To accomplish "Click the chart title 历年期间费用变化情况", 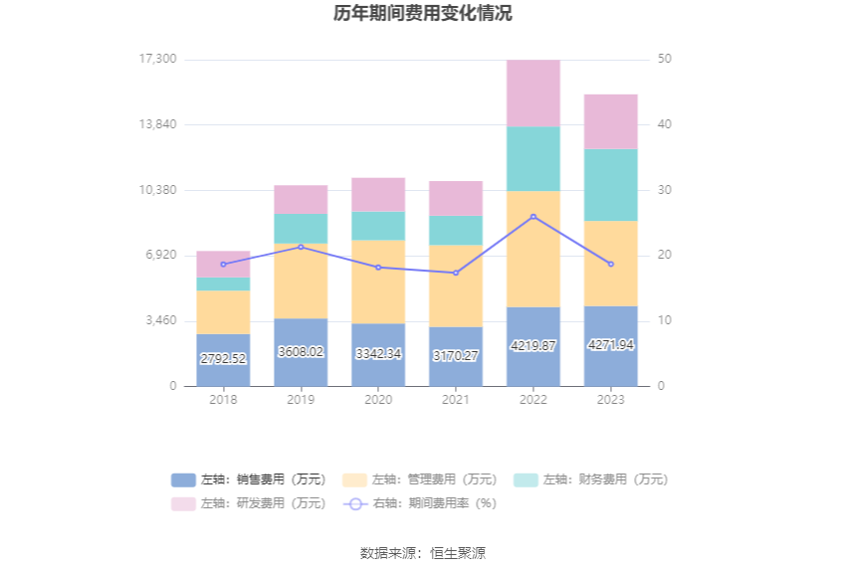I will tap(423, 14).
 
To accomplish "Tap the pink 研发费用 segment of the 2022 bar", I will tap(533, 93).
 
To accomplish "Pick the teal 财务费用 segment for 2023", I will tap(611, 184).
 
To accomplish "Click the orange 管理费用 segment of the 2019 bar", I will tap(301, 281).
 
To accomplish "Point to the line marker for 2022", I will tap(533, 217).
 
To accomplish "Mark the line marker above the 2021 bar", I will tap(456, 273).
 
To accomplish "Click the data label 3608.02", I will tap(301, 352).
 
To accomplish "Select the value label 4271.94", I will tap(611, 345).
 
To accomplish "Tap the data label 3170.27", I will tap(456, 355).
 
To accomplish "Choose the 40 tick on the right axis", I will tap(665, 124).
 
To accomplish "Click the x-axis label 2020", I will tap(378, 399).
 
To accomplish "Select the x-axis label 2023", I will tap(611, 399).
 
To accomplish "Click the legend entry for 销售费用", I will tap(249, 479).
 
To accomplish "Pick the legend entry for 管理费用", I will tap(419, 479).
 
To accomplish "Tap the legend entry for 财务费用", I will tap(590, 479).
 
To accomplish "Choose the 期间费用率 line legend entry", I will tap(419, 503).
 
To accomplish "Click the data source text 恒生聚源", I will tap(458, 553).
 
